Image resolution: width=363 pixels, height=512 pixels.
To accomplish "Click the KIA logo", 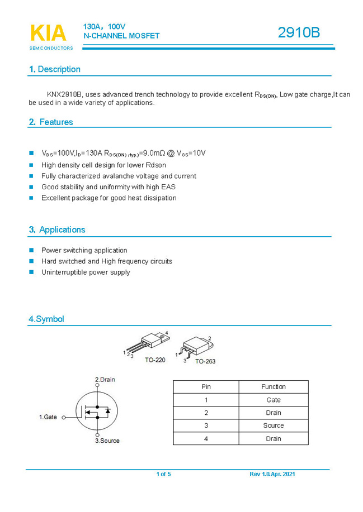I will click(x=48, y=34).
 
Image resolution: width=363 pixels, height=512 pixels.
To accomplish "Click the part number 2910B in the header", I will click(x=299, y=33).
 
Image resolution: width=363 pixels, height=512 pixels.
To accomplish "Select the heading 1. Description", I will click(x=55, y=69).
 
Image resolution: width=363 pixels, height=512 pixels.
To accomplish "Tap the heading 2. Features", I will click(x=51, y=122).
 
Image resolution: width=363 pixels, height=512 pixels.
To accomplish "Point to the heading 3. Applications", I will click(x=57, y=229).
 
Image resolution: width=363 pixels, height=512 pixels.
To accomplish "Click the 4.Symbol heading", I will click(x=46, y=319).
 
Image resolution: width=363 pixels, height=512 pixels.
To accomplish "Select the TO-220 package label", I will click(x=155, y=360).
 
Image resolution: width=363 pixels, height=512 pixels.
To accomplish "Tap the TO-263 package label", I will click(x=205, y=361).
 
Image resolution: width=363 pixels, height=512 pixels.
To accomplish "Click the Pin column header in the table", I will click(x=206, y=386).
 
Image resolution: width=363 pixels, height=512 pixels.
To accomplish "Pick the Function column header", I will click(x=274, y=386).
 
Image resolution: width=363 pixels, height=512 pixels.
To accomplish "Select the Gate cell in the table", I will click(x=274, y=400).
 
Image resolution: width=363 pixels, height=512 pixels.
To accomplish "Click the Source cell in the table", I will click(x=274, y=425).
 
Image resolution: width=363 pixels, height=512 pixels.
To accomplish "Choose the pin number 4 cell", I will click(x=206, y=439).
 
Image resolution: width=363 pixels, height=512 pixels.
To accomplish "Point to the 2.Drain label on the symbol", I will click(x=105, y=380).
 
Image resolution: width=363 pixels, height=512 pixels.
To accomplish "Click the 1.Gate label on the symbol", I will click(x=48, y=417).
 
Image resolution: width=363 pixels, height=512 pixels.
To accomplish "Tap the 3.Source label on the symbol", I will click(x=107, y=441).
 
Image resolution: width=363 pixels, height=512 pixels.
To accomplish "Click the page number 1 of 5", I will click(x=163, y=474).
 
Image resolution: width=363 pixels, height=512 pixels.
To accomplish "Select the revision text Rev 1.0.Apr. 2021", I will click(x=272, y=474).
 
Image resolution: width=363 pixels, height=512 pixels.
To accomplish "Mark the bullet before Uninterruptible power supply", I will click(x=31, y=272).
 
